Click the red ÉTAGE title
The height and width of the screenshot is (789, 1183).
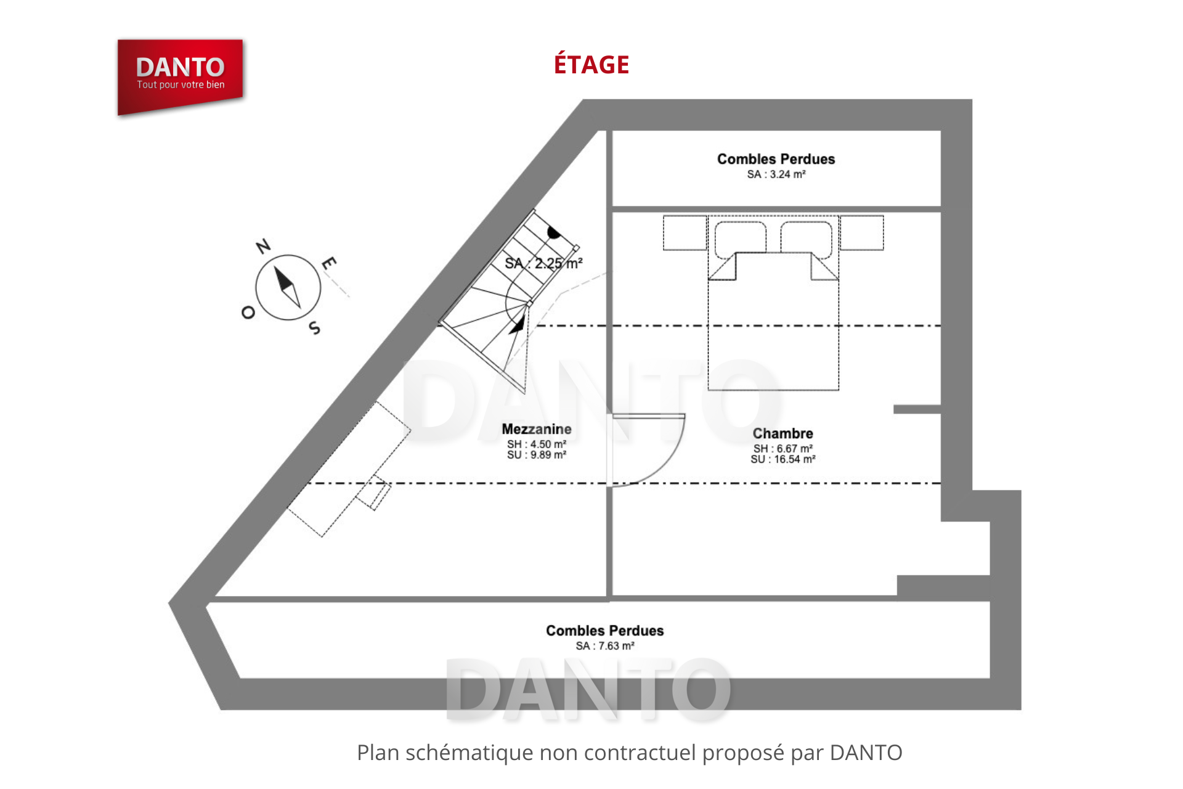pos(591,64)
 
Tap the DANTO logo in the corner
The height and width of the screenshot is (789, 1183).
pos(180,76)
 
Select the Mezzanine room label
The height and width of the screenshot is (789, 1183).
pos(537,429)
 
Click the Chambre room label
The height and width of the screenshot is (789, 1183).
pos(783,433)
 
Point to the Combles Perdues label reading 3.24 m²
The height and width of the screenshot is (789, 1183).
pos(776,159)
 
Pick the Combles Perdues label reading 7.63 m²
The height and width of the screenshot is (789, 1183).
pos(605,631)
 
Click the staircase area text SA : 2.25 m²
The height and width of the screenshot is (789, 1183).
pos(543,264)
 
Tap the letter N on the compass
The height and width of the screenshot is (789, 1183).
pos(263,246)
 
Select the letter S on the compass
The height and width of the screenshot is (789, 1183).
pos(315,328)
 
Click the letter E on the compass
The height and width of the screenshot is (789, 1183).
pos(329,263)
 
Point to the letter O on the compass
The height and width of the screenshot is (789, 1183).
pos(248,313)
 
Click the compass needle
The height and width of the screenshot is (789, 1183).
pos(287,287)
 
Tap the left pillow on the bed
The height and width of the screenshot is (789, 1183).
pos(741,238)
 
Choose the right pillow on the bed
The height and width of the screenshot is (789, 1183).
pos(807,238)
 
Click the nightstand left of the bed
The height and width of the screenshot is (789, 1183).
pos(685,233)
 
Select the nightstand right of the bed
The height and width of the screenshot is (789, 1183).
pos(862,233)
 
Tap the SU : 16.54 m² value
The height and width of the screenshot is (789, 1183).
pos(783,459)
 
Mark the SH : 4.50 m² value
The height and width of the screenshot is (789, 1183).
pos(537,444)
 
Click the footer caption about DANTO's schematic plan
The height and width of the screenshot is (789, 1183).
pos(630,753)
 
